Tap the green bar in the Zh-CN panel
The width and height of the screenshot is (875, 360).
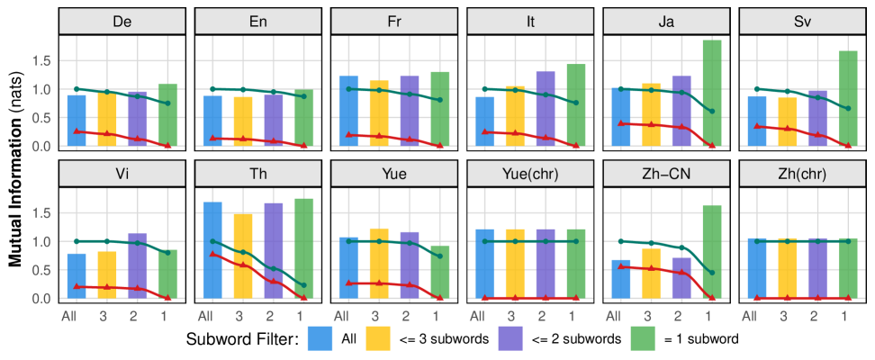[x=711, y=252]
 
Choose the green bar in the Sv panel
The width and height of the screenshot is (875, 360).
[x=847, y=98]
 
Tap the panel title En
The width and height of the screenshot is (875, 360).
[x=257, y=22]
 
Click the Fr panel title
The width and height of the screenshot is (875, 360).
[x=393, y=22]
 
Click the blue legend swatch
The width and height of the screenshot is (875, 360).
[x=320, y=338]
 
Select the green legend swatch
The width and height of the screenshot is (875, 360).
[x=642, y=338]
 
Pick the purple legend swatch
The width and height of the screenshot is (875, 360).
[x=510, y=338]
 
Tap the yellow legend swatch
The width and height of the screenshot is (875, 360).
[x=377, y=338]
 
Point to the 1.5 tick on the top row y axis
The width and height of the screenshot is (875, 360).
[x=41, y=61]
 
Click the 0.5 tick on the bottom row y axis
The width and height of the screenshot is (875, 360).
[x=41, y=270]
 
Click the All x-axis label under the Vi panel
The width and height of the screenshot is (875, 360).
[x=69, y=316]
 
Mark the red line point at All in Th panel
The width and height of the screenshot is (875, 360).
[x=212, y=255]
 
